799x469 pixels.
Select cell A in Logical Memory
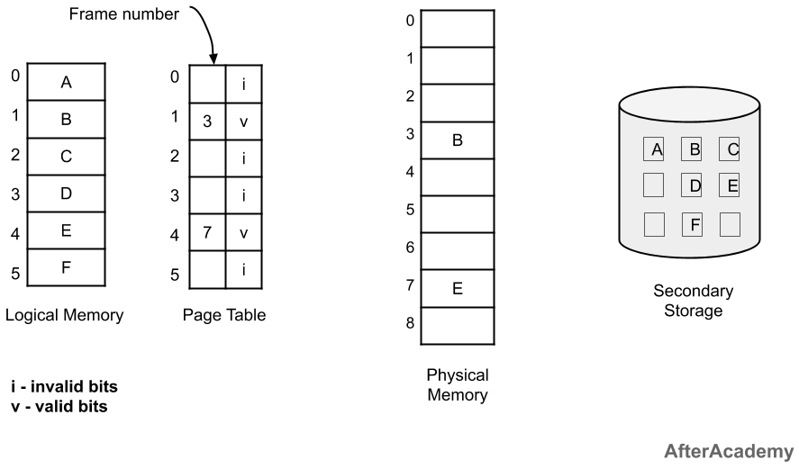(66, 83)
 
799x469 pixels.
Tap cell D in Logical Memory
(66, 194)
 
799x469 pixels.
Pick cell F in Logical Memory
(66, 266)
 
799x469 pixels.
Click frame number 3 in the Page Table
(207, 120)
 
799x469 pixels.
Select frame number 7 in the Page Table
(207, 232)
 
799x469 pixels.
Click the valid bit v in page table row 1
(243, 120)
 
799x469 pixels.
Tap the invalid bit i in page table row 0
(243, 83)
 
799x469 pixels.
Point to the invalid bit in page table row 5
(243, 268)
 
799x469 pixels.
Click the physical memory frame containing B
(457, 140)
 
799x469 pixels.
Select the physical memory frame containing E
(457, 289)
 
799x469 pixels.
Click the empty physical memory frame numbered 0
(457, 28)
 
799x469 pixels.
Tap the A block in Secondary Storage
(656, 150)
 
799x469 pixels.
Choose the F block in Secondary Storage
(694, 223)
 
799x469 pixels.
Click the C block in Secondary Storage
(731, 150)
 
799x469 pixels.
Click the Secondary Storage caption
(693, 302)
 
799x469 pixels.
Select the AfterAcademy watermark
(730, 450)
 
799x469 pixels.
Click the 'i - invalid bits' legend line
(63, 386)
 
